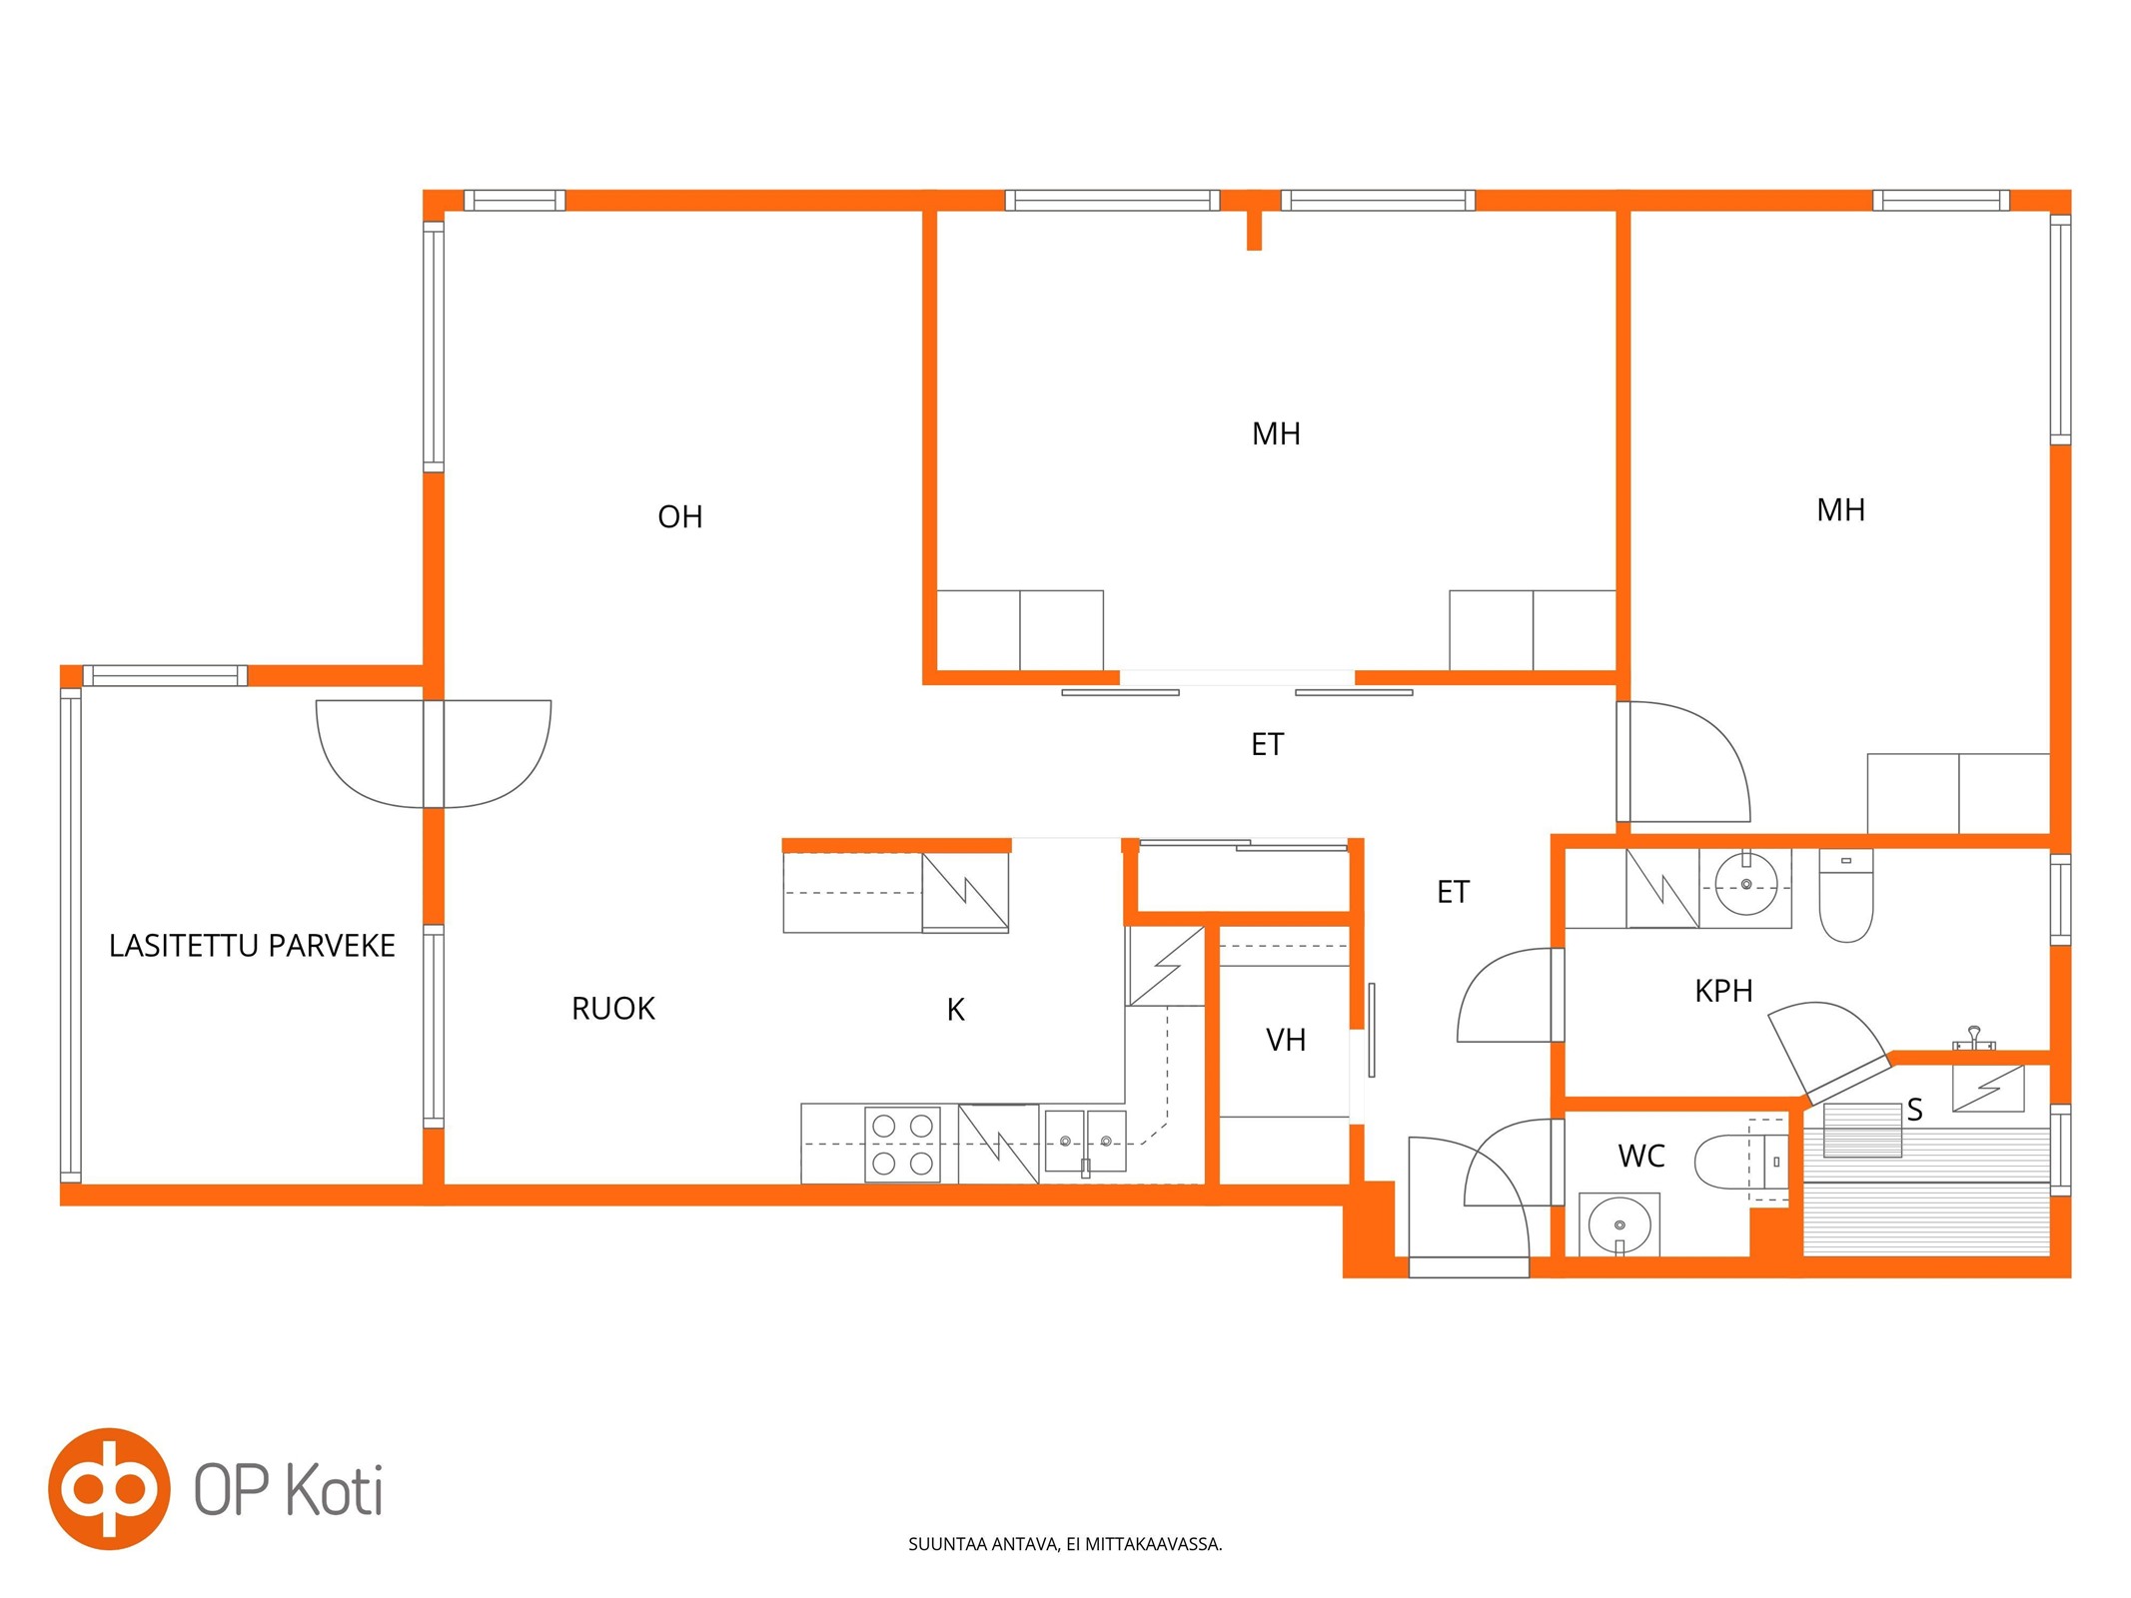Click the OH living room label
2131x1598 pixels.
(679, 516)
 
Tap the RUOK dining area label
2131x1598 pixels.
(612, 1009)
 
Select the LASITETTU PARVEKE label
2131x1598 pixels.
(252, 946)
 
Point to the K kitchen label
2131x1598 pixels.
(955, 1010)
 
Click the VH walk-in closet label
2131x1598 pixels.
(1286, 1040)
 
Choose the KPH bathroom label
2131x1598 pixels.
(1723, 991)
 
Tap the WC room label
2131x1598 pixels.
(1640, 1156)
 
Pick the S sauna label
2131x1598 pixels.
(1914, 1110)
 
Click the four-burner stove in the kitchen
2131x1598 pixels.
(902, 1145)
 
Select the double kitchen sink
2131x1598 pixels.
(1085, 1141)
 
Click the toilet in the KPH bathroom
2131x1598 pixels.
(1845, 896)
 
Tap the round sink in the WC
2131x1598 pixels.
(1618, 1225)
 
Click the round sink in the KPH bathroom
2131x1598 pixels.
(1745, 884)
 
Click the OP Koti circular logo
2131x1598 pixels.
(109, 1489)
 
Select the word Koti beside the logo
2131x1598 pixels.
(334, 1490)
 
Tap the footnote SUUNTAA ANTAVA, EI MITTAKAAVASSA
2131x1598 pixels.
(1065, 1544)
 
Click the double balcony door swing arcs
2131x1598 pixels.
(434, 753)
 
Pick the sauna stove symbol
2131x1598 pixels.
(1988, 1088)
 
